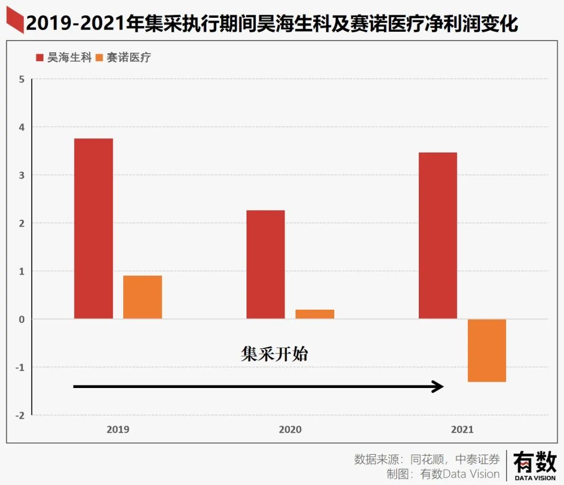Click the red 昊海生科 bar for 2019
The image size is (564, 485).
click(93, 228)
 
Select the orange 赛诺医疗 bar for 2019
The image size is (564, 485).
click(143, 297)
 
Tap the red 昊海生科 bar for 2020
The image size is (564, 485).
click(266, 264)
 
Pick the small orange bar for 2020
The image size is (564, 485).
click(315, 314)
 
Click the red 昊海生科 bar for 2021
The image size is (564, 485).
click(438, 235)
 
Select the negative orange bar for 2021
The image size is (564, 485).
click(487, 350)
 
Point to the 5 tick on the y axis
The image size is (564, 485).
click(21, 79)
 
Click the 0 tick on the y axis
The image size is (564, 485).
click(21, 319)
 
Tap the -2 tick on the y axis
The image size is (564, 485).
click(20, 415)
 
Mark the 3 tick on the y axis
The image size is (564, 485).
click(21, 175)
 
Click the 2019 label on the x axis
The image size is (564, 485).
click(118, 429)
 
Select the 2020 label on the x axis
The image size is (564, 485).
click(290, 429)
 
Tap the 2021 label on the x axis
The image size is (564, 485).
click(462, 429)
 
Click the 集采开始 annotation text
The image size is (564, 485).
click(275, 354)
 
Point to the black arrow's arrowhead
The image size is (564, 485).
click(438, 386)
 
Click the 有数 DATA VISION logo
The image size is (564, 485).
click(535, 465)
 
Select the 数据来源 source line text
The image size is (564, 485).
click(427, 459)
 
